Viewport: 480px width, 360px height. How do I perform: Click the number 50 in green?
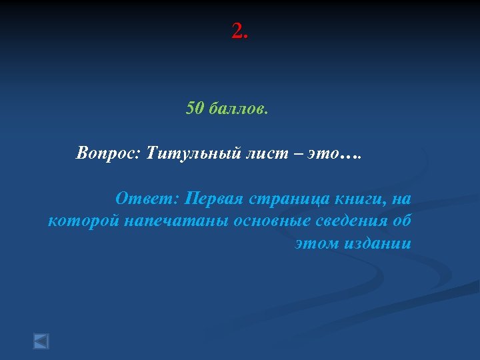pyautogui.click(x=195, y=108)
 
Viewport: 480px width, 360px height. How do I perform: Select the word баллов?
pyautogui.click(x=239, y=108)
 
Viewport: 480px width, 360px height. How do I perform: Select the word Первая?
pyautogui.click(x=215, y=198)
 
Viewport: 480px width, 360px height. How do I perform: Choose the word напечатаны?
pyautogui.click(x=177, y=221)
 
